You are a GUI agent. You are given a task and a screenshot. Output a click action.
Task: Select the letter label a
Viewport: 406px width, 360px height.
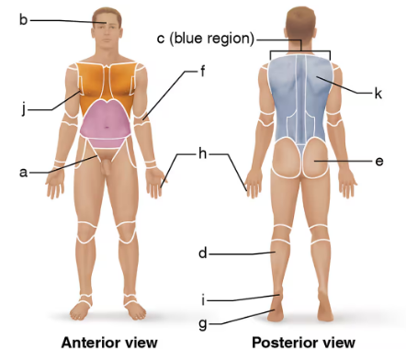pos(24,171)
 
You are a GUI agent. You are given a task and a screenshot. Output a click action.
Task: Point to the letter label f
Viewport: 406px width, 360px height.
pos(200,70)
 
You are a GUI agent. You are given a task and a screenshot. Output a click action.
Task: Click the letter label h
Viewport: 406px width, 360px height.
pos(202,153)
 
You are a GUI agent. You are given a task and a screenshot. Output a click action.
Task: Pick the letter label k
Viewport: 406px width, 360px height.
pos(378,93)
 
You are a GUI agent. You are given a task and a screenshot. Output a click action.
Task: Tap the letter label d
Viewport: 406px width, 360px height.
pos(202,252)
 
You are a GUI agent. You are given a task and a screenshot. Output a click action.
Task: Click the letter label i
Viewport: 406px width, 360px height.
pos(202,298)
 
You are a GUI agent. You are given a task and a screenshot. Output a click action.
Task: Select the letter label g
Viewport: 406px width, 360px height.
pos(202,322)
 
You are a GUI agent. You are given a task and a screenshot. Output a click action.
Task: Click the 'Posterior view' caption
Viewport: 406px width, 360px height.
pos(303,343)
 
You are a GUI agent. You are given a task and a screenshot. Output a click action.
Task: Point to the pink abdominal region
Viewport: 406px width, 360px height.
pos(107,123)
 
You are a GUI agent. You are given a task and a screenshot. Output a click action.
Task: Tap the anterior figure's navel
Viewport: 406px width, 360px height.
pos(108,128)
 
